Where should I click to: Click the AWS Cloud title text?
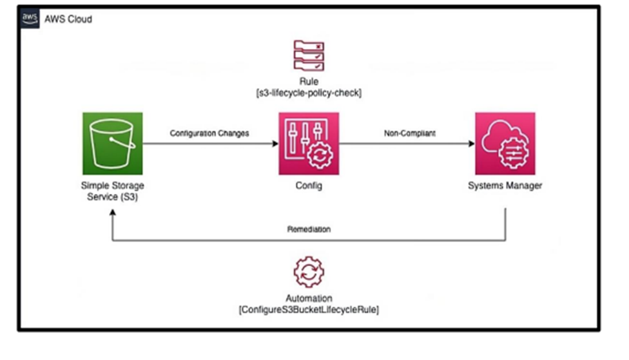pyautogui.click(x=68, y=19)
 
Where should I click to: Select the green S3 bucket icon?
pyautogui.click(x=113, y=142)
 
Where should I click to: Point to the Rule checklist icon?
pyautogui.click(x=309, y=55)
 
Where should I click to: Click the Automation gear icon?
pyautogui.click(x=309, y=272)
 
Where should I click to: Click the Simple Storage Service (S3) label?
pyautogui.click(x=113, y=191)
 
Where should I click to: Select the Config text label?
pyautogui.click(x=309, y=186)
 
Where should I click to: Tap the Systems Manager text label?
pyautogui.click(x=505, y=186)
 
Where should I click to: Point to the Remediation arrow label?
pyautogui.click(x=309, y=229)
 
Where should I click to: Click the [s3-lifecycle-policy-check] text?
pyautogui.click(x=309, y=93)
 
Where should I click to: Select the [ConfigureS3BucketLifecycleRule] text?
pyautogui.click(x=309, y=309)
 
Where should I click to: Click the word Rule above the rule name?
pyautogui.click(x=309, y=82)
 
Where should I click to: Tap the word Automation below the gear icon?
pyautogui.click(x=309, y=299)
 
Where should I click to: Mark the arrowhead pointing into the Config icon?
pyautogui.click(x=275, y=143)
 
